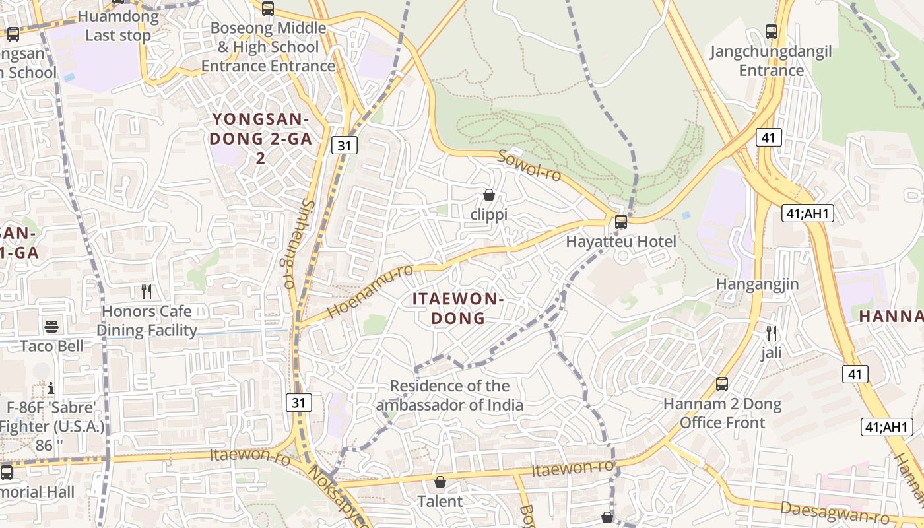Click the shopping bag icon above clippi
click(489, 195)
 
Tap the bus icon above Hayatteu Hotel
click(621, 222)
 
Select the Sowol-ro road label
click(529, 166)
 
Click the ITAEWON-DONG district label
click(458, 308)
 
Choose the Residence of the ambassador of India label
click(449, 395)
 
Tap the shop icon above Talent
click(440, 482)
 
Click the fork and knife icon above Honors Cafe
click(147, 291)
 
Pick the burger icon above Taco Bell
click(51, 326)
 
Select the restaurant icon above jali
click(771, 333)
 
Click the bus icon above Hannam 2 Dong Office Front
click(722, 384)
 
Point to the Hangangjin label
click(758, 284)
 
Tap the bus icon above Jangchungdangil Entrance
click(771, 31)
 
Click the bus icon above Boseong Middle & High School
click(267, 9)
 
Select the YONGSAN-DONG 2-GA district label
click(261, 139)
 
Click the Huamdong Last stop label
click(119, 26)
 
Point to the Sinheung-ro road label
click(298, 244)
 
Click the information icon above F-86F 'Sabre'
click(51, 387)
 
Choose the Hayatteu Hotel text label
click(621, 242)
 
